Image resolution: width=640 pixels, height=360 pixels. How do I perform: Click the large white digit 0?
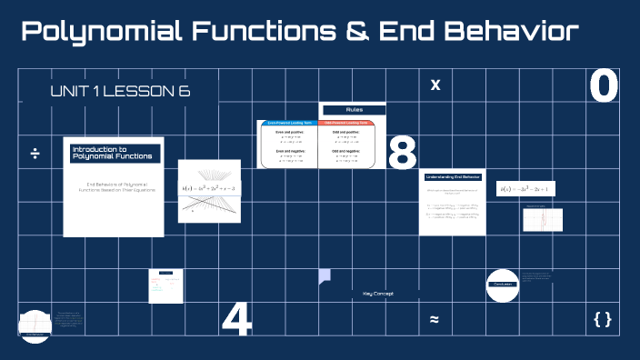click(604, 86)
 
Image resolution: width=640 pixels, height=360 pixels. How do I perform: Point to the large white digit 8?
click(402, 154)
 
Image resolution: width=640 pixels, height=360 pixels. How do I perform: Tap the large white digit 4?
click(236, 319)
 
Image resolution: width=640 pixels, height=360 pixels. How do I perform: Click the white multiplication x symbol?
click(435, 85)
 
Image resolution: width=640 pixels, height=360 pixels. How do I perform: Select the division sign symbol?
click(35, 153)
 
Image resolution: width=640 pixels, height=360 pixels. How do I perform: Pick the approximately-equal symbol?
click(435, 319)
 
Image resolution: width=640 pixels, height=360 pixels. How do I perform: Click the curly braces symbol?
click(602, 319)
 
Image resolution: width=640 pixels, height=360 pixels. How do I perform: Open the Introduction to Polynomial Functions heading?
click(113, 154)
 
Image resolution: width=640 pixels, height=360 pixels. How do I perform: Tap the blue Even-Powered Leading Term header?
click(289, 123)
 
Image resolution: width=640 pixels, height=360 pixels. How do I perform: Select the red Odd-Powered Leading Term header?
click(346, 123)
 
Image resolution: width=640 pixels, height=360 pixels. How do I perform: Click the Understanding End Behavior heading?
click(452, 179)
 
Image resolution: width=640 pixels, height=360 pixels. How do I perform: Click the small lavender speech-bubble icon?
click(325, 275)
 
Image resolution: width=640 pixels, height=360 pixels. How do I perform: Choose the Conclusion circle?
click(503, 285)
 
